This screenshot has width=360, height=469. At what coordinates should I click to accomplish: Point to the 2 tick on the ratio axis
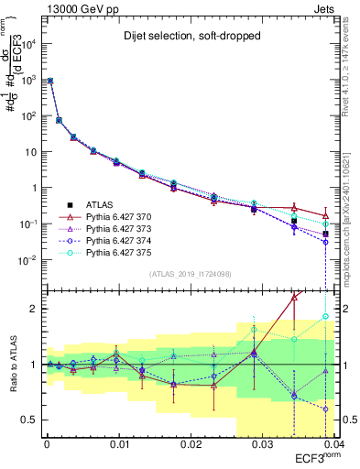coord(34,309)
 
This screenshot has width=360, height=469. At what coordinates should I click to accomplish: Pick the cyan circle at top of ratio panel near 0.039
coord(325,317)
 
